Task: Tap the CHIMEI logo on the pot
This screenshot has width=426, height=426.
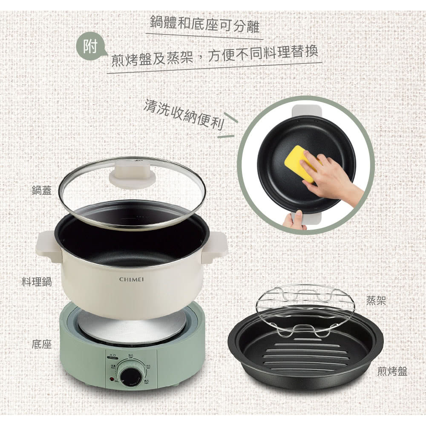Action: (132, 279)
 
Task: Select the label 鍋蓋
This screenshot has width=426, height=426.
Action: (41, 190)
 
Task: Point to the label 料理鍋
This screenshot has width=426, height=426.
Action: (37, 281)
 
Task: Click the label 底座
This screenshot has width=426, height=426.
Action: (42, 344)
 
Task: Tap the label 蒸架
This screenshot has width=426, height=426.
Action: (376, 301)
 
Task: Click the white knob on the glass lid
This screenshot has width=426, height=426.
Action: (130, 175)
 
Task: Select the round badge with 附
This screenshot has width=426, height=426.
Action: (90, 47)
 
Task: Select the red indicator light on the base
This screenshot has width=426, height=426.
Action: (112, 378)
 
